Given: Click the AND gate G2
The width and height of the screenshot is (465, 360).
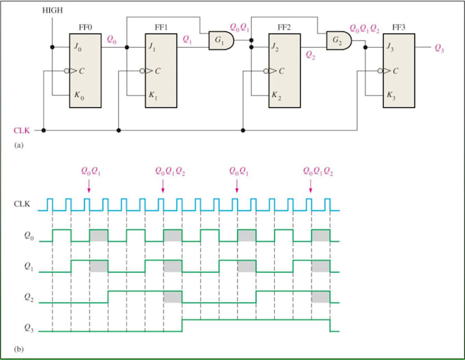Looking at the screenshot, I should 338,42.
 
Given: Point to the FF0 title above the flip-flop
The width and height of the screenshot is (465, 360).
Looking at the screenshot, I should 85,27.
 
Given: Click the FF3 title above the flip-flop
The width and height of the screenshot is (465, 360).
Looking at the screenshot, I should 399,27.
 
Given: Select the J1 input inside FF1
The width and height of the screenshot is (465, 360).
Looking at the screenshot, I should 152,49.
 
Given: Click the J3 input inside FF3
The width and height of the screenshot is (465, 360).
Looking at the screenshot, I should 390,49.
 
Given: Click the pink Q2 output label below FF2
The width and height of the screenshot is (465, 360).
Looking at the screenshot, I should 311,54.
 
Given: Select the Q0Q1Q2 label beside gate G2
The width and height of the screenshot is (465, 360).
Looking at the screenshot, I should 363,30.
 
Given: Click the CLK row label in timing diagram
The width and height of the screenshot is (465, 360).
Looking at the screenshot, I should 23,204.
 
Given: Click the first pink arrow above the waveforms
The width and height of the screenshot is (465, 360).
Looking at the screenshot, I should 89,185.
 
